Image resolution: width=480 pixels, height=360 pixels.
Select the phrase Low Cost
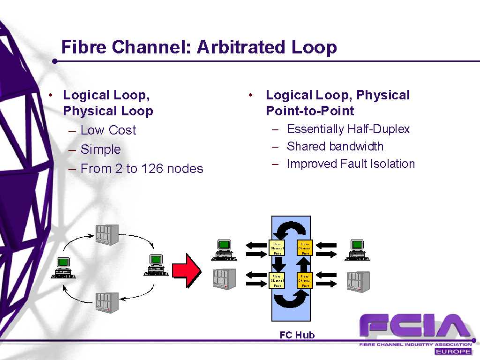pos(108,130)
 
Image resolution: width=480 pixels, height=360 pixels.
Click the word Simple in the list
pos(101,150)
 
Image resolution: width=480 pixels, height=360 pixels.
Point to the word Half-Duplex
pos(379,129)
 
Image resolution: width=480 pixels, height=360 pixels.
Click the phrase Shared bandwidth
pos(335,147)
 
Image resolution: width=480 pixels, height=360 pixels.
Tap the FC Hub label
pos(297,335)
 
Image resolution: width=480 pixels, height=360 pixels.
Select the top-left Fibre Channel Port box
pos(277,248)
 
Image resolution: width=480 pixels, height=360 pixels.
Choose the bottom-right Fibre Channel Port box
pos(305,280)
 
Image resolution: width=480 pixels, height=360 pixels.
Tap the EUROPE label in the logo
pos(453,352)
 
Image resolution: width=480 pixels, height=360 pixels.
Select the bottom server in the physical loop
pos(107,302)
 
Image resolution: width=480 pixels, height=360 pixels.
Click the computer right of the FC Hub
pos(357,250)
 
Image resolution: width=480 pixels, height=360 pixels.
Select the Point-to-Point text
pos(310,111)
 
